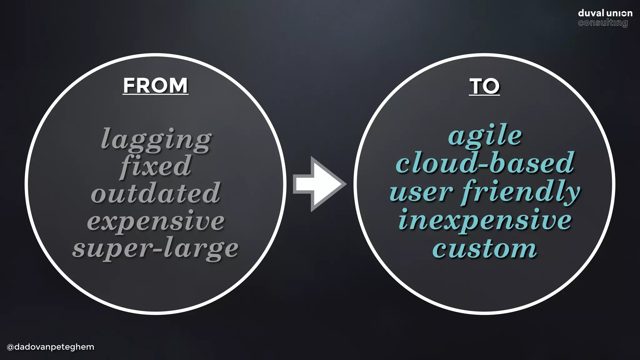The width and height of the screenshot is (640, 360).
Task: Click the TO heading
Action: [484, 86]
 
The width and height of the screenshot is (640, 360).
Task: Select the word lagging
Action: [156, 139]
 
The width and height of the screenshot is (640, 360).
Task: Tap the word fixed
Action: [155, 166]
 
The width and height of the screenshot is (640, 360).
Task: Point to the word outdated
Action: [156, 193]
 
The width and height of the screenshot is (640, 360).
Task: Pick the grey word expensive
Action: [156, 221]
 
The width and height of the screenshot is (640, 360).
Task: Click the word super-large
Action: [155, 249]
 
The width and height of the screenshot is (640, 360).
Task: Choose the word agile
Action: [485, 136]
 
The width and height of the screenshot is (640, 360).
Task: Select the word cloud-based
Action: [485, 163]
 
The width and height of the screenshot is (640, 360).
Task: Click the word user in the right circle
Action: [421, 192]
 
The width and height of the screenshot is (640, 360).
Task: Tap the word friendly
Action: [520, 192]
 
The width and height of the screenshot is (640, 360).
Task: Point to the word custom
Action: [485, 249]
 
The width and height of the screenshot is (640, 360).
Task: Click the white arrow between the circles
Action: [319, 184]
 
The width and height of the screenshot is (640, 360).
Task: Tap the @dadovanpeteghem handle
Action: [50, 347]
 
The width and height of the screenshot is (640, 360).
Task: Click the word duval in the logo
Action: [591, 13]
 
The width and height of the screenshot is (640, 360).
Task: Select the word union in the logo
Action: [619, 13]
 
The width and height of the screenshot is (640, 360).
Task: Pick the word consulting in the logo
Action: [602, 23]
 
